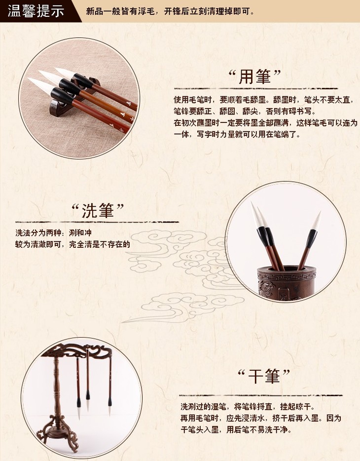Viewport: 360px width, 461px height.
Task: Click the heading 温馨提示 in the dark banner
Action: tap(36, 11)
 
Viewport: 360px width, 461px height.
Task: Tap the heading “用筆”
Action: tap(254, 77)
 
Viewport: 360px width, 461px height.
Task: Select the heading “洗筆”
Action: tap(98, 210)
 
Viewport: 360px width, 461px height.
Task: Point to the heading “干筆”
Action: tap(264, 376)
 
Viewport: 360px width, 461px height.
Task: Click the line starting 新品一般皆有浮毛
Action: tap(170, 11)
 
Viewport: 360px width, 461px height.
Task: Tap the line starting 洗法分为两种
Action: tap(53, 233)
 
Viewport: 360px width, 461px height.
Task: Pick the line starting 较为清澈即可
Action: tap(72, 244)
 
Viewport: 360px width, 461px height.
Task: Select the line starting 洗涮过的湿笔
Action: tap(248, 407)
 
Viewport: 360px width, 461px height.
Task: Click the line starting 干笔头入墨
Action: tap(236, 430)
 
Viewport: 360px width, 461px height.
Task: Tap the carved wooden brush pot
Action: tap(286, 282)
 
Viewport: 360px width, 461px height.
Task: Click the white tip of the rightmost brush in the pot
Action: tap(317, 221)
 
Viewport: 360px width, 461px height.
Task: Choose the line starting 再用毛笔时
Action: tap(261, 418)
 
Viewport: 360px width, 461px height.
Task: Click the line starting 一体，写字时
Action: tap(237, 135)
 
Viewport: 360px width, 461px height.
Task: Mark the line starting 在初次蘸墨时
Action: tap(265, 123)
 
